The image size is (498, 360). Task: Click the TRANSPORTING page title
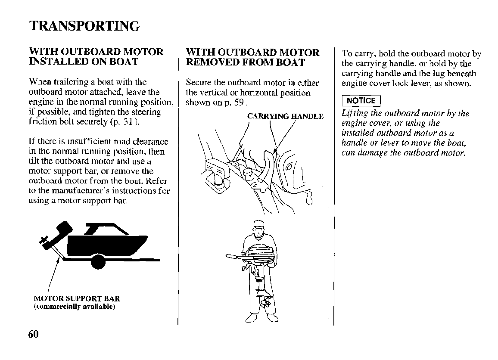84,26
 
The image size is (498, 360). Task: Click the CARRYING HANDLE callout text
285,116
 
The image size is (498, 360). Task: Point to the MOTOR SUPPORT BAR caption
77,299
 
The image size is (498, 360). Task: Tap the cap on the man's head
258,224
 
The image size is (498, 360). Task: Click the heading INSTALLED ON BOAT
84,62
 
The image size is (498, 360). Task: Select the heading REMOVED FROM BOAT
245,62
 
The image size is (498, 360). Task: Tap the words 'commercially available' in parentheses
75,307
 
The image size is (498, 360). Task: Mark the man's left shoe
272,319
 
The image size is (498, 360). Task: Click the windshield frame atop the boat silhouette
103,228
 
